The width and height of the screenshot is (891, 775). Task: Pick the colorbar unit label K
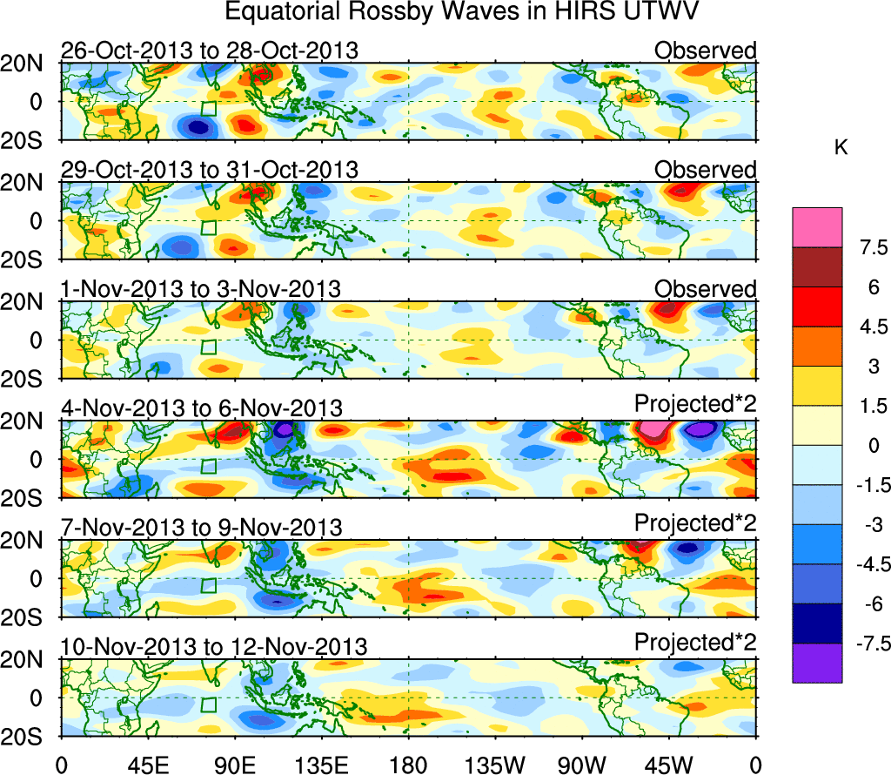[841, 149]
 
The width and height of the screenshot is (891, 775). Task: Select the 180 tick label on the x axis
[408, 764]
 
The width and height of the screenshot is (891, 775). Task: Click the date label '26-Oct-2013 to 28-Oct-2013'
[209, 51]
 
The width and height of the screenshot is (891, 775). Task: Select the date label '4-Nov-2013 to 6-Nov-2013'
[202, 408]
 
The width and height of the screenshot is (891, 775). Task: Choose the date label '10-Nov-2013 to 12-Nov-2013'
[214, 647]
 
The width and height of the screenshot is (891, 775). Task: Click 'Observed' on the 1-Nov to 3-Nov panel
[705, 289]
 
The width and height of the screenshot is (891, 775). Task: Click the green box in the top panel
[208, 109]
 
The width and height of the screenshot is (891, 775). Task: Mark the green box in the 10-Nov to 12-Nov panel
[208, 704]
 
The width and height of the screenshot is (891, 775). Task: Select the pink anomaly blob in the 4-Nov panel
[655, 428]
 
